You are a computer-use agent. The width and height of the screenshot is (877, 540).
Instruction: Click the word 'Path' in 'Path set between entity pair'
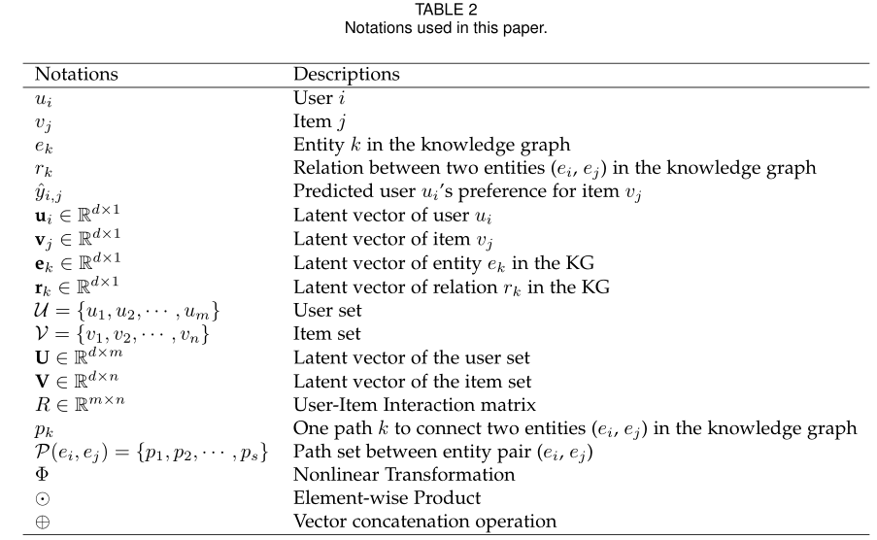(310, 452)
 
